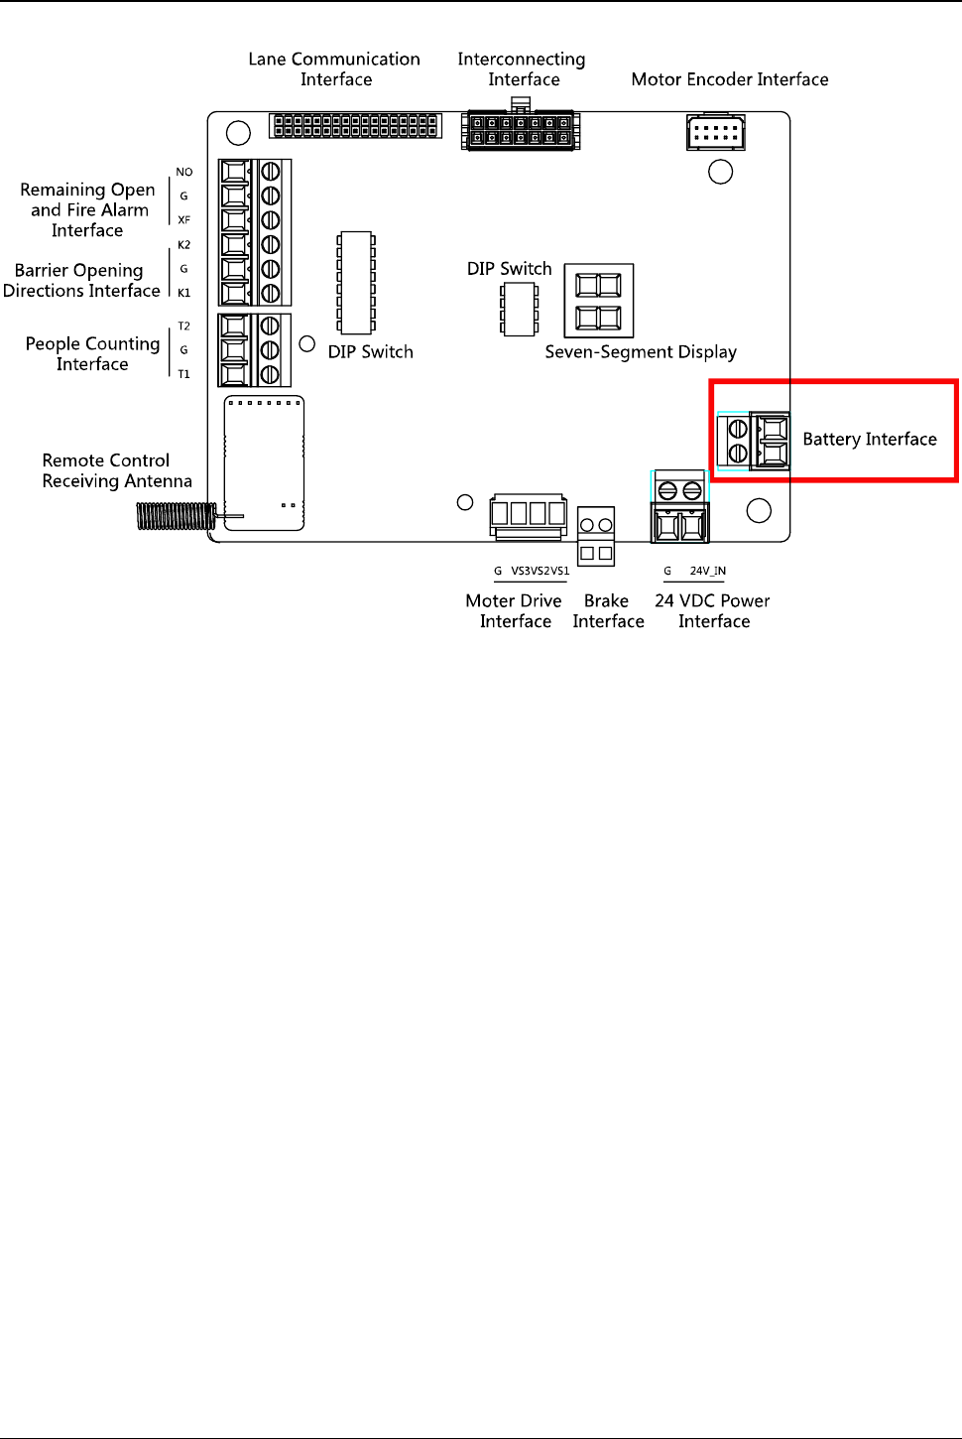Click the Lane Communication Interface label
335,69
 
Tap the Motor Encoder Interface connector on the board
715,132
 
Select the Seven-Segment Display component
599,301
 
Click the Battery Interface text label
869,439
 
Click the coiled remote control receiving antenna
177,516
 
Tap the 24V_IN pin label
707,571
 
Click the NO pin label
184,172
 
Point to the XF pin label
184,220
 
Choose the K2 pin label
184,245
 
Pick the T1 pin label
184,374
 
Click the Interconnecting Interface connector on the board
521,131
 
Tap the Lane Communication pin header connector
355,126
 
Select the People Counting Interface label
92,353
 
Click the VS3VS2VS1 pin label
541,571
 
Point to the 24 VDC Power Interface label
713,610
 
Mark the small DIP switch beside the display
519,308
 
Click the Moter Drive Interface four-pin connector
529,514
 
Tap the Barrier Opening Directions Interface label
81,280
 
